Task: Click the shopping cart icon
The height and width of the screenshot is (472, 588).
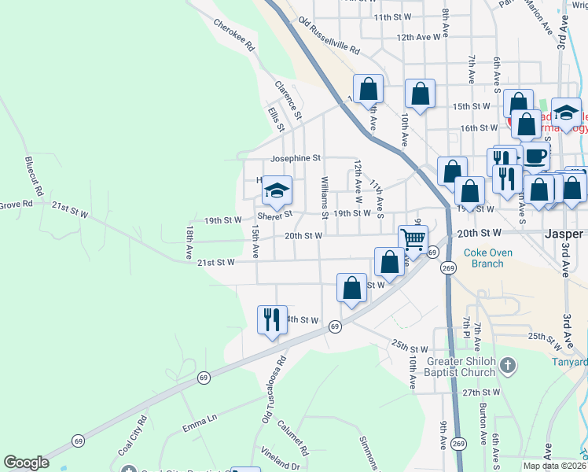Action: (413, 238)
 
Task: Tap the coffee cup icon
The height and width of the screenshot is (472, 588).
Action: (536, 156)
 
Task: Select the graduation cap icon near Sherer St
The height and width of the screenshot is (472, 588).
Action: (276, 190)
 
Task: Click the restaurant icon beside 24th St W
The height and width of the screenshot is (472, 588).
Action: (272, 319)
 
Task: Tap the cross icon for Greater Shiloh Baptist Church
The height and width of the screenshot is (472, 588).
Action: (509, 365)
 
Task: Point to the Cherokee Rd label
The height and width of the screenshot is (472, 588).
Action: (235, 35)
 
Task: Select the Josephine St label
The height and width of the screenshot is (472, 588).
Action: (296, 158)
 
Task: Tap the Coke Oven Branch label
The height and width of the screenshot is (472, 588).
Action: (483, 258)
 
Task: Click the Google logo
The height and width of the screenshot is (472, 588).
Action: (27, 463)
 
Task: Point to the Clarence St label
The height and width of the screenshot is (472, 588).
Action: (288, 98)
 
